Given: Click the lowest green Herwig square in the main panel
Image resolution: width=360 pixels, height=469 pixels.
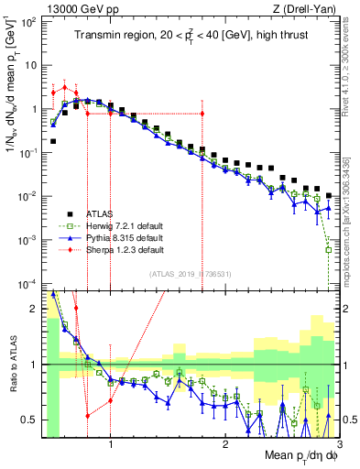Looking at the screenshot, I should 328,249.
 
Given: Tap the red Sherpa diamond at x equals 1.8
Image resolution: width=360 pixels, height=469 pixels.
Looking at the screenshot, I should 202,114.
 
